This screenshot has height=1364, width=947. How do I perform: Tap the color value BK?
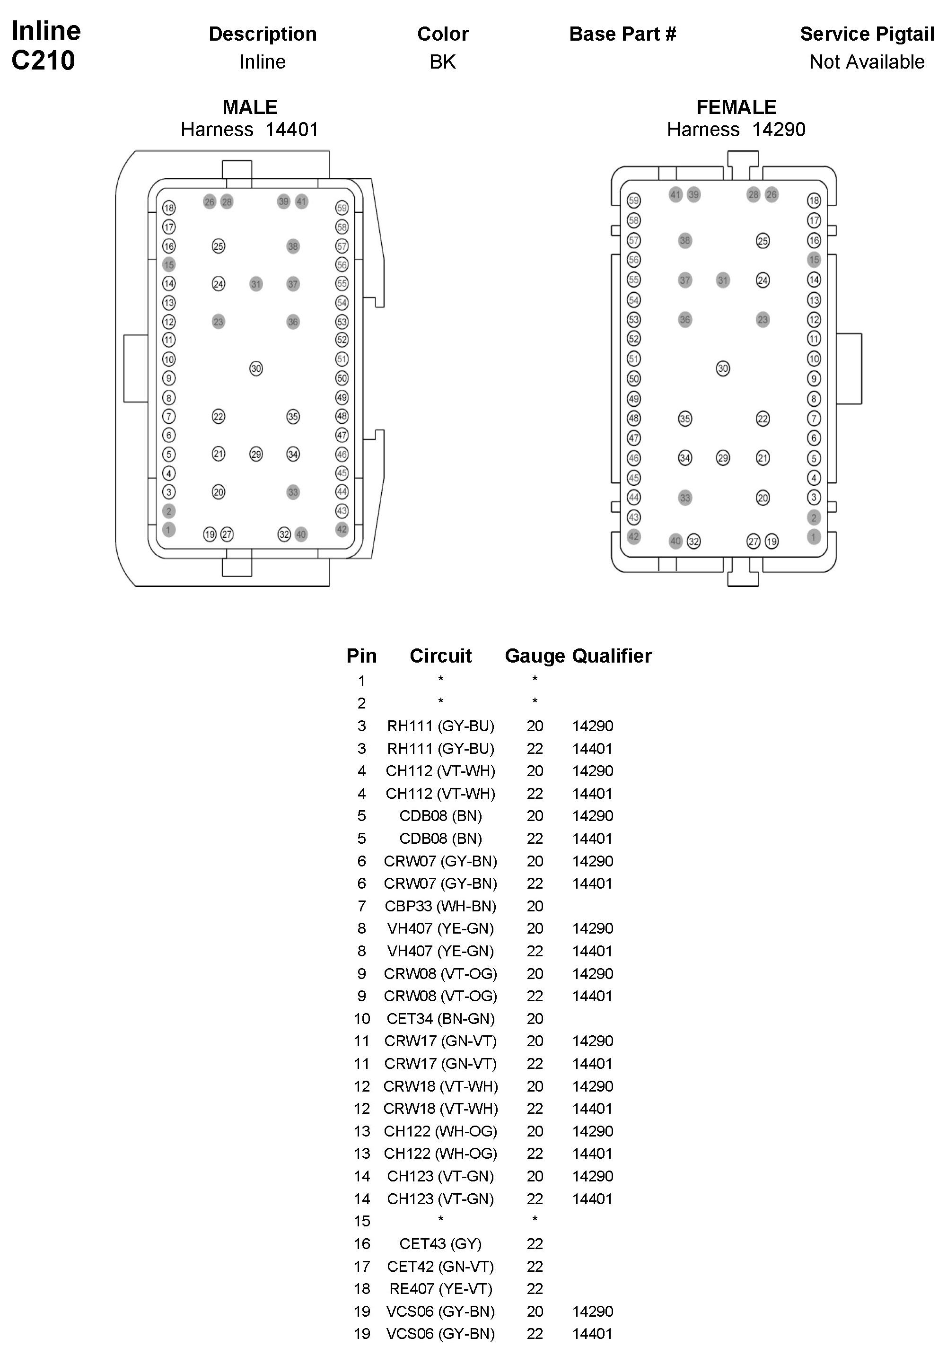pyautogui.click(x=443, y=61)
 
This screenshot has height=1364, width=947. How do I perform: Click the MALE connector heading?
pyautogui.click(x=250, y=107)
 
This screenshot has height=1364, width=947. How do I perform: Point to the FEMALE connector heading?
pyautogui.click(x=736, y=107)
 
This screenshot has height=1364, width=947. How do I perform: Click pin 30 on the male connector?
pyautogui.click(x=256, y=368)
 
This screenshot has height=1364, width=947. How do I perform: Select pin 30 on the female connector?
pyautogui.click(x=723, y=368)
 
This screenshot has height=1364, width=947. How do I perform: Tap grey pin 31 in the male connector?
pyautogui.click(x=256, y=284)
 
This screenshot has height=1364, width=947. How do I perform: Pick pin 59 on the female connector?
pyautogui.click(x=634, y=201)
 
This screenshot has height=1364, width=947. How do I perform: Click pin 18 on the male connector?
pyautogui.click(x=169, y=208)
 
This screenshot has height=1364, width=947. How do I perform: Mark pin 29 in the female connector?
pyautogui.click(x=723, y=458)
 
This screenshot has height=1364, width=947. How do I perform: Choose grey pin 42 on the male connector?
pyautogui.click(x=342, y=529)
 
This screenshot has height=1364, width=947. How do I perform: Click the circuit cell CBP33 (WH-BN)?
pyautogui.click(x=440, y=906)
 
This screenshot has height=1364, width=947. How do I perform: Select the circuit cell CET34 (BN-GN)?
pyautogui.click(x=440, y=1019)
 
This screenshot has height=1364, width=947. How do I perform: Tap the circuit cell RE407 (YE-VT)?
pyautogui.click(x=440, y=1289)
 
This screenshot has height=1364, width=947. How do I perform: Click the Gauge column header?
pyautogui.click(x=535, y=656)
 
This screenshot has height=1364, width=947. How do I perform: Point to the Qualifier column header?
pyautogui.click(x=612, y=656)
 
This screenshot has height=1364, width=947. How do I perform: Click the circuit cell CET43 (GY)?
pyautogui.click(x=440, y=1243)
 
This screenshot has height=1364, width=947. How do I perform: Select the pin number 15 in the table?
pyautogui.click(x=362, y=1221)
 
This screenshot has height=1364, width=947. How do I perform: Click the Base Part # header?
pyautogui.click(x=623, y=35)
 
